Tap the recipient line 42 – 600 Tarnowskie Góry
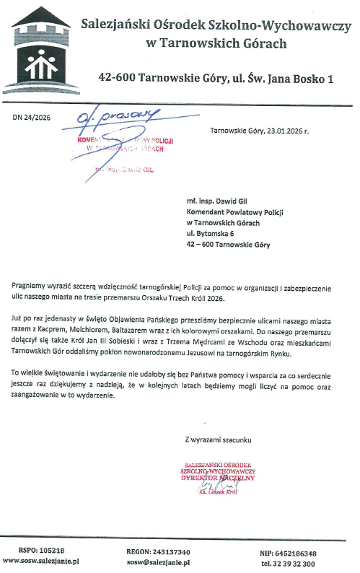point(227,245)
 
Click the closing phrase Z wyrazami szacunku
point(219,439)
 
